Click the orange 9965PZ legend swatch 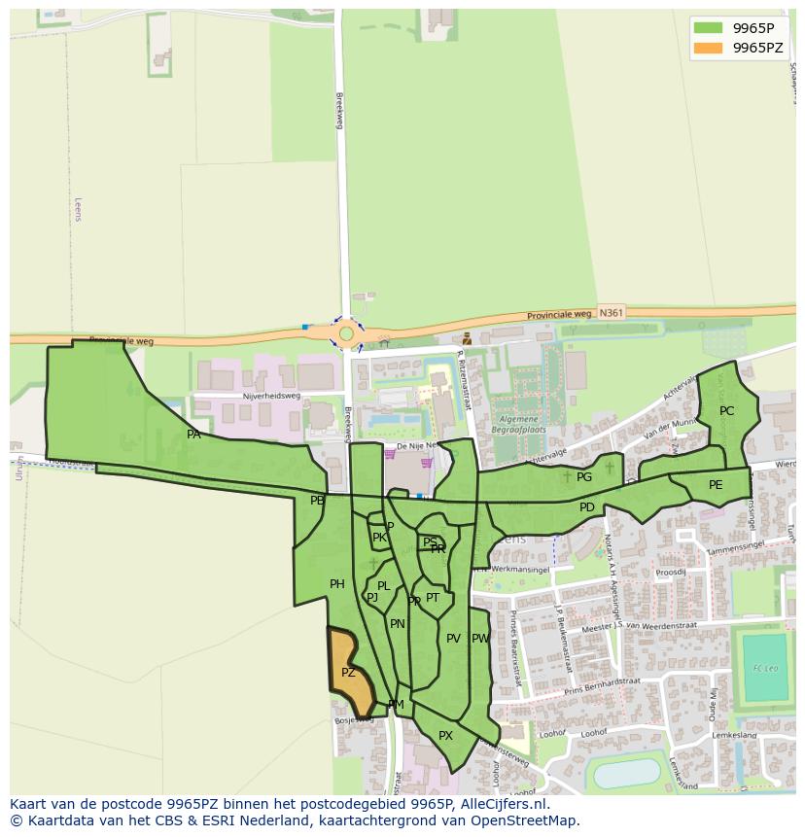[x=709, y=48]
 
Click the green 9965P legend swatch [x=709, y=28]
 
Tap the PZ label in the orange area [x=348, y=673]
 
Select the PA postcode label [x=193, y=435]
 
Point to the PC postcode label [x=726, y=411]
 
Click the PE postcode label [x=716, y=485]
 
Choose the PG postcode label [x=584, y=477]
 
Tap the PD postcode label [x=587, y=507]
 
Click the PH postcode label [x=337, y=584]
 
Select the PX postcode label [x=445, y=736]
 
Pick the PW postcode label [x=479, y=639]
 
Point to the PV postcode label [x=453, y=639]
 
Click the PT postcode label [x=433, y=598]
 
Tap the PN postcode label [x=397, y=624]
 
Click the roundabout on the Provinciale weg [x=346, y=333]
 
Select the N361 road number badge [x=611, y=313]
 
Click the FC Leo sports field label [x=764, y=669]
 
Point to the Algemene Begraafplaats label [x=518, y=424]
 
